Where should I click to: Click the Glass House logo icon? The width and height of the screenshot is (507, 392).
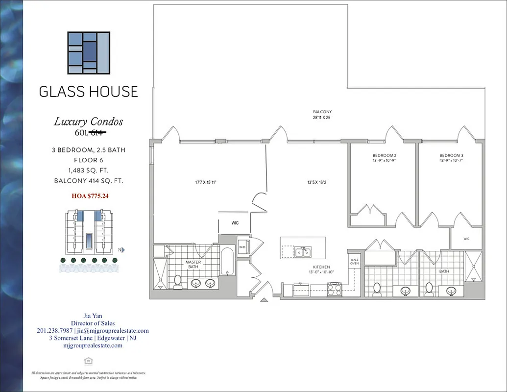pyautogui.click(x=89, y=53)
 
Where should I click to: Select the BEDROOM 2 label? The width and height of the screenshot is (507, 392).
pyautogui.click(x=384, y=155)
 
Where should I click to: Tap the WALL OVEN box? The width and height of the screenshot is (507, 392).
pyautogui.click(x=354, y=261)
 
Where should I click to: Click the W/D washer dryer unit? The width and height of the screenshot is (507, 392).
pyautogui.click(x=242, y=247)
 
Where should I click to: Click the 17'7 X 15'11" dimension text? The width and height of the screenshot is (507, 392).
pyautogui.click(x=206, y=183)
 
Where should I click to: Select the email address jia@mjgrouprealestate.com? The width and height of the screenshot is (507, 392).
pyautogui.click(x=110, y=331)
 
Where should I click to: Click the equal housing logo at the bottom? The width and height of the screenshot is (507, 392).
pyautogui.click(x=89, y=361)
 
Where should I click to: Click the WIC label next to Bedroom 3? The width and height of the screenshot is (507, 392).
pyautogui.click(x=466, y=239)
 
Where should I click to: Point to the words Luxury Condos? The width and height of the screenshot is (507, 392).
pyautogui.click(x=88, y=122)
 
